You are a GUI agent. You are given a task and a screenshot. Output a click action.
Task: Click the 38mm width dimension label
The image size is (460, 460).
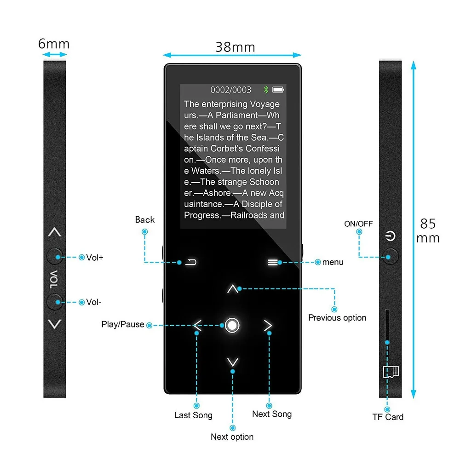[235, 47]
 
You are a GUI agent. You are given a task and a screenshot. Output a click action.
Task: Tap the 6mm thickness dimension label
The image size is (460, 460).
[54, 44]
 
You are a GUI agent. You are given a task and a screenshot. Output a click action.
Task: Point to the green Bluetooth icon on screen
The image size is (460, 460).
[266, 90]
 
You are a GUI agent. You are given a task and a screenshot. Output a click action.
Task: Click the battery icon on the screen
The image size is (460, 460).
[278, 90]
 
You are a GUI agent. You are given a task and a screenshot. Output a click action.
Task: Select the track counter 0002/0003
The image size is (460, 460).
[230, 90]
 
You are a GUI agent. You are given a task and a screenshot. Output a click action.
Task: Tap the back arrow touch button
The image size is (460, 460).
[191, 262]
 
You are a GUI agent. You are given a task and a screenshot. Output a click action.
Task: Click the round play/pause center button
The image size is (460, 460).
[232, 325]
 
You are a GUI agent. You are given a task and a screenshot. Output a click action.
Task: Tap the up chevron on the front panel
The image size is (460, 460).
[233, 289]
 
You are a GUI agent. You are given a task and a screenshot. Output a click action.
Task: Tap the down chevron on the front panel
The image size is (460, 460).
[233, 362]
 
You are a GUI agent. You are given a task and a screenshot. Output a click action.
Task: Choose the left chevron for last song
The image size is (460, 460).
[197, 325]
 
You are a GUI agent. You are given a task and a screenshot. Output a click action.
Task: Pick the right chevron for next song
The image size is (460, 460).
[268, 325]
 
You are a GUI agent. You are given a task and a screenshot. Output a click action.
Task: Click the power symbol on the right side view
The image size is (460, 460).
[390, 236]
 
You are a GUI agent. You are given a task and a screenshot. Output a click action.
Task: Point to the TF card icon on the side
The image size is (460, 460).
[391, 372]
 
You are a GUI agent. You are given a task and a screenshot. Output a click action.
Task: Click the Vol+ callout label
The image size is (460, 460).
[94, 258]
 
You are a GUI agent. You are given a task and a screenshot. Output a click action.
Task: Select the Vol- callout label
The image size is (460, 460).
[93, 302]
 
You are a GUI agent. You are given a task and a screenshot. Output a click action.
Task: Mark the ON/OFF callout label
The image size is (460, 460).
[358, 224]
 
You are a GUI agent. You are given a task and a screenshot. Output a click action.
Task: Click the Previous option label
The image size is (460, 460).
[337, 318]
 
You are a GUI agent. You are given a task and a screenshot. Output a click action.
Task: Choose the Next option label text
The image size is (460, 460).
[232, 437]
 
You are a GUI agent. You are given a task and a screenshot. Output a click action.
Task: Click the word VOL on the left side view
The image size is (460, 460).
[54, 280]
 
